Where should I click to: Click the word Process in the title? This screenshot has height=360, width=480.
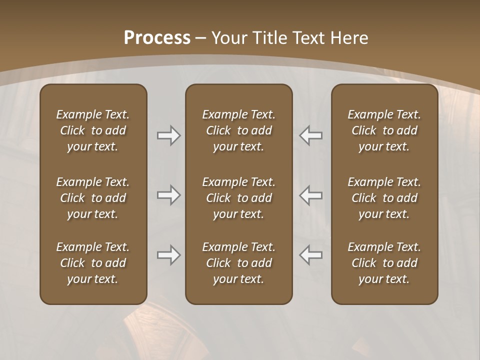click(x=157, y=37)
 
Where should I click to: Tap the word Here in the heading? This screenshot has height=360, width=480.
click(x=349, y=37)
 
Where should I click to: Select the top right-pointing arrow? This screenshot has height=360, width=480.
click(x=168, y=135)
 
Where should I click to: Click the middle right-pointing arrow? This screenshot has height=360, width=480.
click(x=168, y=195)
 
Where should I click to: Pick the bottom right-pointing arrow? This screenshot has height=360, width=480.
click(x=168, y=255)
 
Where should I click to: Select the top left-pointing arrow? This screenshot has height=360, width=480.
click(x=311, y=135)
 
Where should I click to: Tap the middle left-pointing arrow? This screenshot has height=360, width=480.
click(x=311, y=195)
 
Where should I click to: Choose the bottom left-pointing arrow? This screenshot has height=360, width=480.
click(x=311, y=255)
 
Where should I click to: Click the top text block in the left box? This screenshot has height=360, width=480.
click(x=93, y=130)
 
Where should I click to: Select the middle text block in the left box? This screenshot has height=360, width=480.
click(x=93, y=198)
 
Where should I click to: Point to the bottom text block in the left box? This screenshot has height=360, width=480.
click(x=93, y=263)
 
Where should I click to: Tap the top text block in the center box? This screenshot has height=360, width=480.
click(x=238, y=130)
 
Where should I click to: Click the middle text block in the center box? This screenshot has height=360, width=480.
click(x=238, y=198)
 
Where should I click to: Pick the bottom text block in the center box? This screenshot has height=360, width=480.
click(x=238, y=263)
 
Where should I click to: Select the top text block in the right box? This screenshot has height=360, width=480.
click(x=384, y=130)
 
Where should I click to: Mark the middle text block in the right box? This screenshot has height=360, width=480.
click(x=384, y=198)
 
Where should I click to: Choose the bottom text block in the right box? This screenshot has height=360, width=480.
click(x=384, y=263)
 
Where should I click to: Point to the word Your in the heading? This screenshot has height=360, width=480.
click(x=229, y=37)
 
